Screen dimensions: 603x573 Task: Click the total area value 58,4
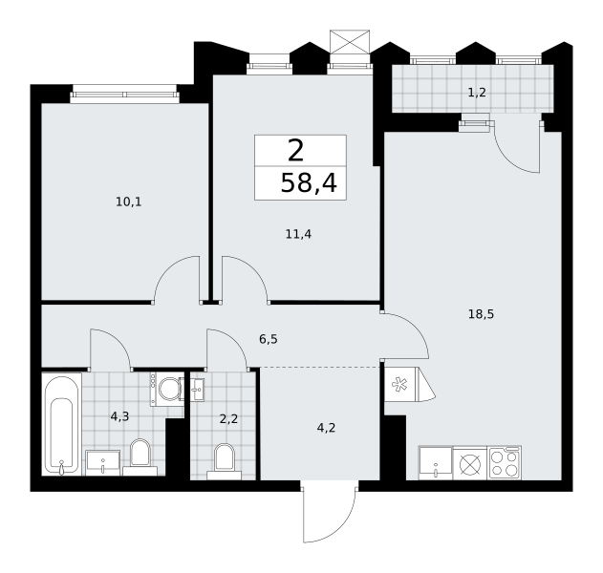309,183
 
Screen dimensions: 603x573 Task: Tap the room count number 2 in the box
295,151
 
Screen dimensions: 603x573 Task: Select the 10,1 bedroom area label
129,202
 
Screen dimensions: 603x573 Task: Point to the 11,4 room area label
298,234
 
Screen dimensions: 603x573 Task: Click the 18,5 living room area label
481,314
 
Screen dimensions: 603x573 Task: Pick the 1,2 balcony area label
477,93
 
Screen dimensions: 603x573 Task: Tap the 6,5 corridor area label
268,339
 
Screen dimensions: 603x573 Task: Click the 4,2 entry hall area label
326,427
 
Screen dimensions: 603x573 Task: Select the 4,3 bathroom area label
119,416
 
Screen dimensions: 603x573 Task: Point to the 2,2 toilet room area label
228,418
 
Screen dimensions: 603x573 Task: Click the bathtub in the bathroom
61,424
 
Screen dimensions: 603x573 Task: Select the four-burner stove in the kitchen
505,463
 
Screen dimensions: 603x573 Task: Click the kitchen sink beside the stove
436,463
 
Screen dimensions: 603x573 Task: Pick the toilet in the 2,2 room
225,461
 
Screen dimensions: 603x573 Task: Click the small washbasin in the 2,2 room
198,390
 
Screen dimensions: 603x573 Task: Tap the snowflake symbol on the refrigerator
399,385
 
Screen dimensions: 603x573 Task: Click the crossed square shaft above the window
350,41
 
